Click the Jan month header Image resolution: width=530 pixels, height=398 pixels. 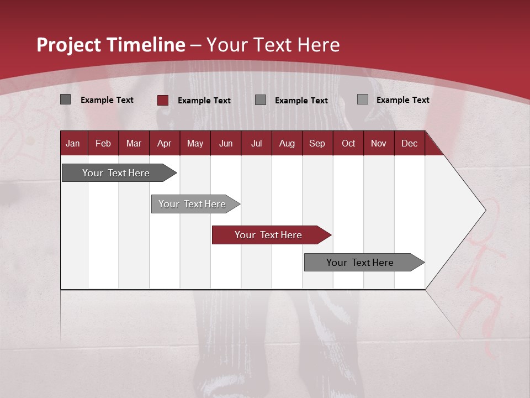point(73,144)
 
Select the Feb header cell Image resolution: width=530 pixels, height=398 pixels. point(103,144)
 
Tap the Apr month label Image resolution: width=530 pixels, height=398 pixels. point(164,144)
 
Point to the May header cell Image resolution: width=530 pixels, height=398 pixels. point(195,144)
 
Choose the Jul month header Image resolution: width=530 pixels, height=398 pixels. point(256,144)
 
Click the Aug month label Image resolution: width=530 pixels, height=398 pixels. point(287,144)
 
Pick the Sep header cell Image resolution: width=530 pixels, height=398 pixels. point(317,144)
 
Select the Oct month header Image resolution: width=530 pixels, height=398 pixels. point(348,144)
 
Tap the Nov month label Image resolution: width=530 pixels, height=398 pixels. point(378,144)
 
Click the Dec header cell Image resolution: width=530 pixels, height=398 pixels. point(409,144)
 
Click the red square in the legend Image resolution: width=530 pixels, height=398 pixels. point(163,100)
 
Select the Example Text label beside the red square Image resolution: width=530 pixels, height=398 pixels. point(204,101)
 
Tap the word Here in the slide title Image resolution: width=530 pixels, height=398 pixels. point(319,45)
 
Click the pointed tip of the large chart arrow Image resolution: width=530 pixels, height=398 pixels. point(484,210)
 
